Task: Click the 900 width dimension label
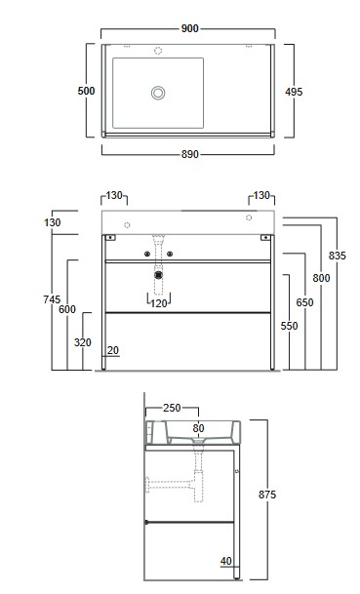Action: pyautogui.click(x=190, y=28)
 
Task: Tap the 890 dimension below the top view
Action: pyautogui.click(x=190, y=154)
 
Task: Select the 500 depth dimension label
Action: pyautogui.click(x=86, y=91)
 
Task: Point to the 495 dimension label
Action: pyautogui.click(x=294, y=92)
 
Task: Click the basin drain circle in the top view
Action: pyautogui.click(x=158, y=93)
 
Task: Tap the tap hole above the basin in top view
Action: pyautogui.click(x=158, y=51)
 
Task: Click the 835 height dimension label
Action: pyautogui.click(x=338, y=256)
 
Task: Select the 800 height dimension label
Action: pyautogui.click(x=321, y=278)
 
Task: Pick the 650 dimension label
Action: pyautogui.click(x=304, y=302)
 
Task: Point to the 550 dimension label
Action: pyautogui.click(x=289, y=326)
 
